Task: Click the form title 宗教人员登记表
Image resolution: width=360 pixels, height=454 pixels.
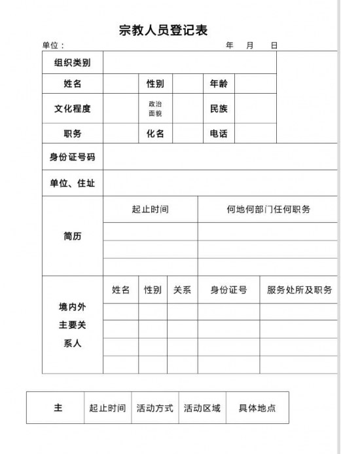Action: click(164, 30)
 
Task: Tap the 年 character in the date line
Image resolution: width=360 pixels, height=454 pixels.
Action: click(230, 46)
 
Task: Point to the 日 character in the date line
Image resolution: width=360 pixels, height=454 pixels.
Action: click(274, 46)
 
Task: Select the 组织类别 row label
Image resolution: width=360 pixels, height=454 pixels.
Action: click(73, 63)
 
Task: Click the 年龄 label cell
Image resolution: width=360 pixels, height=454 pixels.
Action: click(219, 84)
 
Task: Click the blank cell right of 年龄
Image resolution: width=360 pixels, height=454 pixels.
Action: click(255, 84)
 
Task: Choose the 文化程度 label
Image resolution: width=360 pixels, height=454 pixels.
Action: click(73, 109)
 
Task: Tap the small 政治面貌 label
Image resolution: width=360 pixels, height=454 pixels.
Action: click(155, 109)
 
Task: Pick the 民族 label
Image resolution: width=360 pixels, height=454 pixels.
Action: click(219, 109)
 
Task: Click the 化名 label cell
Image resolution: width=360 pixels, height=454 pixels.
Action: click(155, 134)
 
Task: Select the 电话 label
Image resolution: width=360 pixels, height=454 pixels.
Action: click(219, 134)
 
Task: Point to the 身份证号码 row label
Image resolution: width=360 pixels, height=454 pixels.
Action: click(73, 157)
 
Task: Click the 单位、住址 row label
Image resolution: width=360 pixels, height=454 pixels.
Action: click(73, 183)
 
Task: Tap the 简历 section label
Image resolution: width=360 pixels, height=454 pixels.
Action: click(73, 236)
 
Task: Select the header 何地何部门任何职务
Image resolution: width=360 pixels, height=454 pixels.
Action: click(268, 210)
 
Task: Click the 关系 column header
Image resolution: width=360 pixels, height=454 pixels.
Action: click(182, 290)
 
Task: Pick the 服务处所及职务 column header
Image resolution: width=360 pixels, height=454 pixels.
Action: click(299, 290)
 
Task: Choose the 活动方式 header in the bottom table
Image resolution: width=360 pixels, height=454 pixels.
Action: click(155, 408)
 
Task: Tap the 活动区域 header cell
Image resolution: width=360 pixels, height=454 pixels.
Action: click(202, 408)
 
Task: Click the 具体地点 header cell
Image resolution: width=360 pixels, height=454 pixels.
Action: click(257, 408)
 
